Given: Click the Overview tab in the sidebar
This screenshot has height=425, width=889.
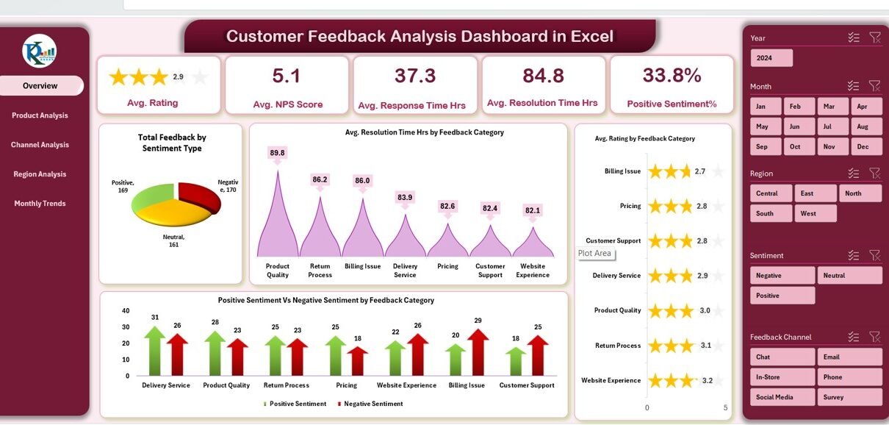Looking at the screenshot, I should tap(40, 86).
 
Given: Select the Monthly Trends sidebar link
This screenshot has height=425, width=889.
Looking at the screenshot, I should tap(40, 204).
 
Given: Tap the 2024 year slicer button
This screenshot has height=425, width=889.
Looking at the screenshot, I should tap(771, 58).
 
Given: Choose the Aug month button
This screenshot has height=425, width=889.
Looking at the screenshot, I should tap(863, 126).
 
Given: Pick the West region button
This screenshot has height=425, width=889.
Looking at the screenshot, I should tap(816, 213).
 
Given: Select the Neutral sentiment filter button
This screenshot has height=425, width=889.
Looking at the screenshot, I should tap(849, 275).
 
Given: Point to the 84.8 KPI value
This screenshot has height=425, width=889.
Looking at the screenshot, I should tap(543, 76).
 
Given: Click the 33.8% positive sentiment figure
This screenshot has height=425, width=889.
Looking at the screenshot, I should tap(672, 75).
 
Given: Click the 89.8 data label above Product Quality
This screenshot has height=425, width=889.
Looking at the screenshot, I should tap(277, 153).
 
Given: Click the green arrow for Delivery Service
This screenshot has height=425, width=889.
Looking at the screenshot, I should tap(154, 351).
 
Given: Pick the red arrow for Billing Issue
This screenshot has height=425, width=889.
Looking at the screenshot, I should tap(478, 353).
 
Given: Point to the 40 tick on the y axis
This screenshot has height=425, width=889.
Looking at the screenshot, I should tap(126, 311).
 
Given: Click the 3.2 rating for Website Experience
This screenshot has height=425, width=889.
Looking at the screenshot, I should tap(707, 381).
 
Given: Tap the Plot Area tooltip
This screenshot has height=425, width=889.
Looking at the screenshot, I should tap(594, 254).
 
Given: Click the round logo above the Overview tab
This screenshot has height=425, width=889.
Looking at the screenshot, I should tap(40, 51).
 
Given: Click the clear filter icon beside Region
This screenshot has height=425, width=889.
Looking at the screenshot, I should tap(874, 174).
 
